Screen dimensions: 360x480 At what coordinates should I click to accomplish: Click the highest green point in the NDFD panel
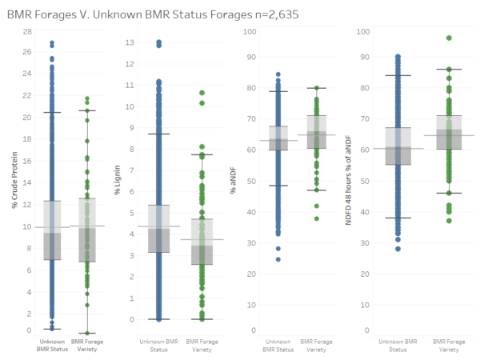point(449,38)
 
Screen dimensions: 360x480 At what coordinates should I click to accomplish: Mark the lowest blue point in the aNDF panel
point(278,259)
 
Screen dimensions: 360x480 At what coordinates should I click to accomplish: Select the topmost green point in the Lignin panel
point(203,93)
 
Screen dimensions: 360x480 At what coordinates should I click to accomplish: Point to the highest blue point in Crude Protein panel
point(52,43)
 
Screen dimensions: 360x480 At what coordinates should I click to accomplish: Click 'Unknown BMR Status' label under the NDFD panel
point(398,346)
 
